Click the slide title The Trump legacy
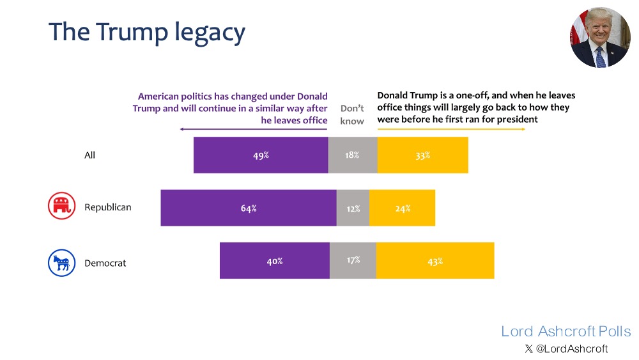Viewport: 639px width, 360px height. coord(146,33)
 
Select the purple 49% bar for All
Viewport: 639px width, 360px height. coord(261,155)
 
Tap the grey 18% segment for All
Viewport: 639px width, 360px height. coord(353,155)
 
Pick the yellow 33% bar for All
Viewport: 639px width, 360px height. coord(423,155)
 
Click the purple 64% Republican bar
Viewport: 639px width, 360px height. coord(249,208)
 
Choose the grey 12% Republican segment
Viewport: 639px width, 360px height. coord(353,208)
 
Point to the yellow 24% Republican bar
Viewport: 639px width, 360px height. coord(403,208)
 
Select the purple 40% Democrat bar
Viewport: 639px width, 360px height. coord(275,260)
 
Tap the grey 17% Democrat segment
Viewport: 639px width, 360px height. coord(353,260)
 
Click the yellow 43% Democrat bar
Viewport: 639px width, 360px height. coord(435,260)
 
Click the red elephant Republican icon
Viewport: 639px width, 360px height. coord(62,206)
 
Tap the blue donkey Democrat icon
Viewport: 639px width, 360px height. coord(62,262)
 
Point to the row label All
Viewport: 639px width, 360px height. coord(89,155)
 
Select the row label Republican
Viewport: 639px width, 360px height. coord(108,207)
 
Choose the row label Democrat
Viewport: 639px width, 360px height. coord(105,263)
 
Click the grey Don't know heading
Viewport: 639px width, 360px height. coord(352,114)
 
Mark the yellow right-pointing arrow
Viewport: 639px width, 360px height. coord(451,129)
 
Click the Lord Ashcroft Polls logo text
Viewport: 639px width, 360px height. coord(566,331)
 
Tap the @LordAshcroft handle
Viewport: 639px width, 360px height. coord(566,349)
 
